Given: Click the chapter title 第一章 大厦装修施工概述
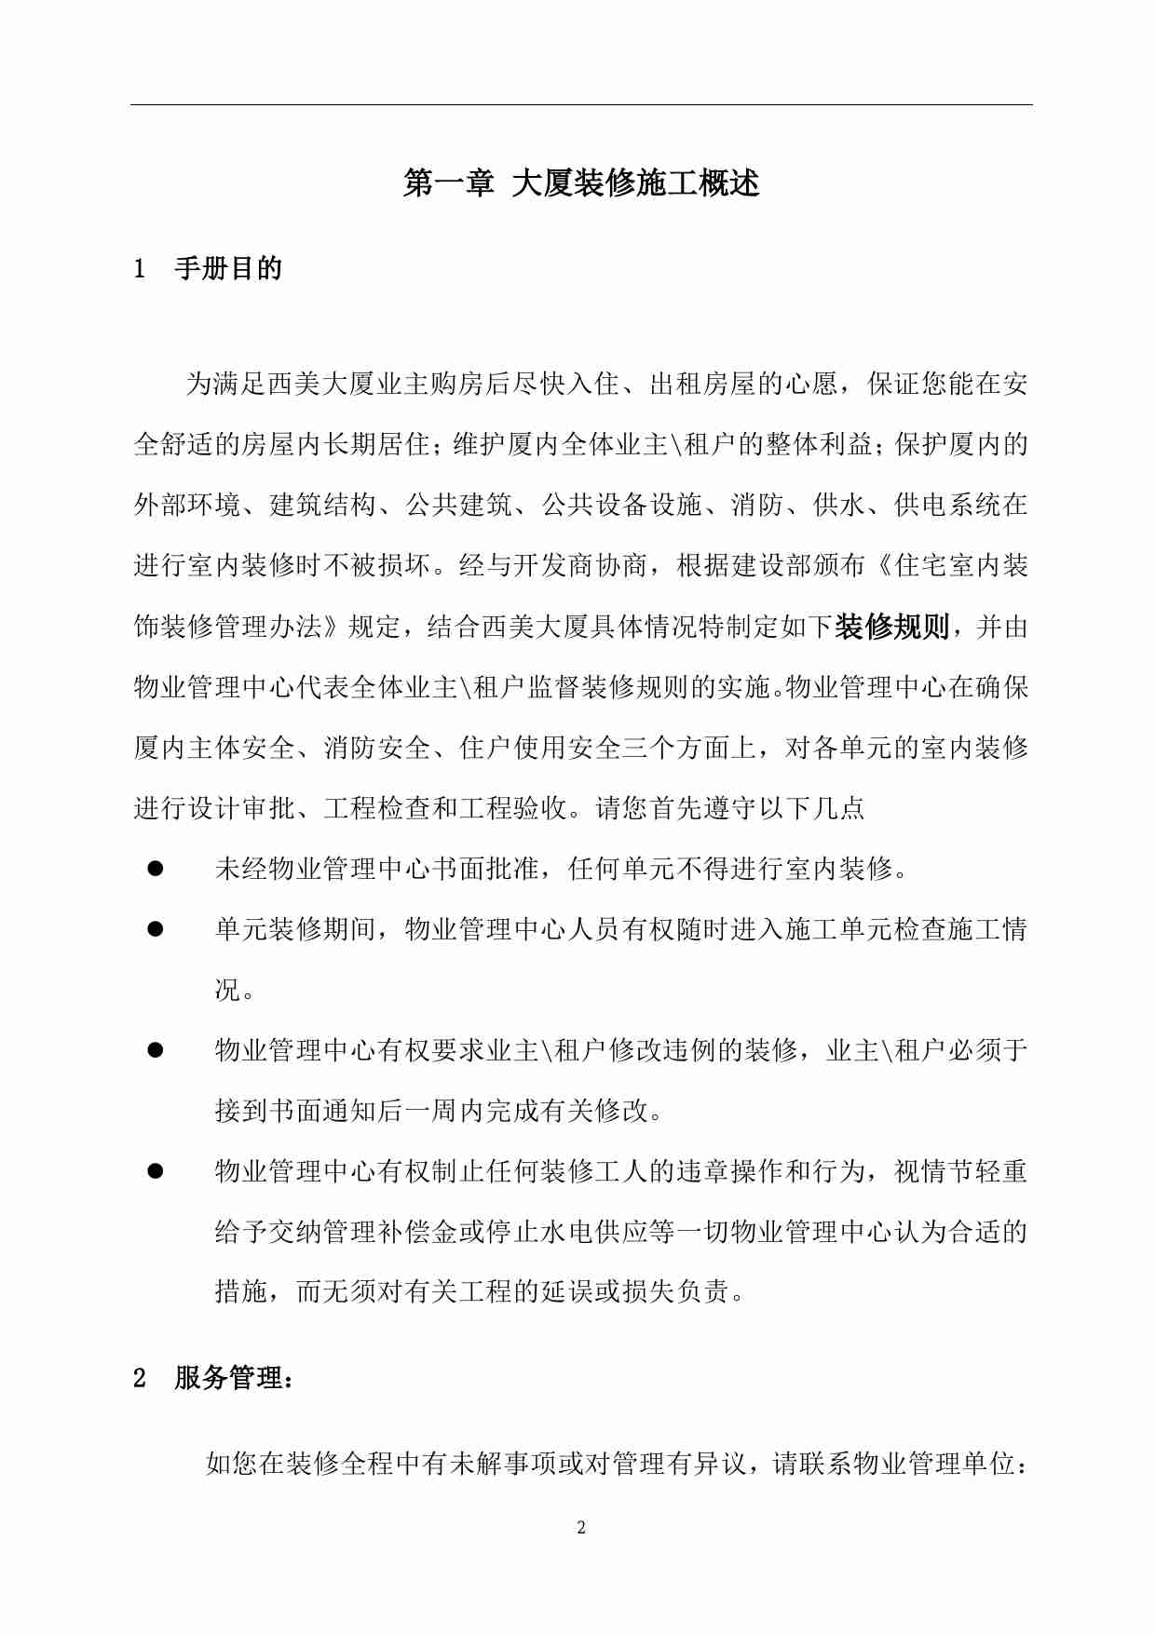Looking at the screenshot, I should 580,183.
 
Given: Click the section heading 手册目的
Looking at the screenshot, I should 227,269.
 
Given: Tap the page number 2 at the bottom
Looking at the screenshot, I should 581,1527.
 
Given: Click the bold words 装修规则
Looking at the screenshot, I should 891,627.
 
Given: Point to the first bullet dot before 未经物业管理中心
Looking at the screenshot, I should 156,869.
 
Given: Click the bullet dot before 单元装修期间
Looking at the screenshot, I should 156,929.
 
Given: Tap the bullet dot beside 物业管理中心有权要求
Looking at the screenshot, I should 156,1050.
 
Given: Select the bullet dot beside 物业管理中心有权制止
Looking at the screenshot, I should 156,1171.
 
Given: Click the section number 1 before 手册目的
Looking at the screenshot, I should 140,270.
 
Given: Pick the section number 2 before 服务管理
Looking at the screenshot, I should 140,1379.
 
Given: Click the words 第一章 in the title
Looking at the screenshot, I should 448,183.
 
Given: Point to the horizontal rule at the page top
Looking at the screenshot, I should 580,104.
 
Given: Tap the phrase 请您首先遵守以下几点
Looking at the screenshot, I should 729,808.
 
